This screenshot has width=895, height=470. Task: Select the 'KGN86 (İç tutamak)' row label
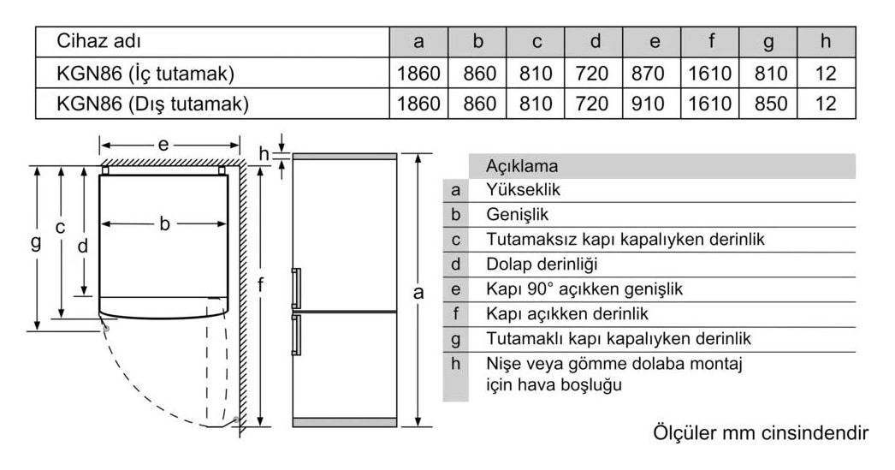click(145, 73)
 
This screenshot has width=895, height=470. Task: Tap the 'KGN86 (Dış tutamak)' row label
click(152, 104)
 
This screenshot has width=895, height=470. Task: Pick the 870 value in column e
click(648, 73)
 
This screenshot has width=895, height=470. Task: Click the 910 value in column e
click(648, 104)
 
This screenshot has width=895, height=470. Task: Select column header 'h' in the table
click(826, 41)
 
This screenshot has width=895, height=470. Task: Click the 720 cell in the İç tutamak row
click(592, 73)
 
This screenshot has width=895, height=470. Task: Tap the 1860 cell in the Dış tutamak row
click(418, 104)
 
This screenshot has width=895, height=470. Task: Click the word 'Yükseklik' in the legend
click(523, 189)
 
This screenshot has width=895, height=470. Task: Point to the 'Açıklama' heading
click(522, 166)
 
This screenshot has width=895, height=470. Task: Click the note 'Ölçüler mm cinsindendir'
click(761, 432)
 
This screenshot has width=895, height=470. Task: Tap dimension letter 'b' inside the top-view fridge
click(164, 223)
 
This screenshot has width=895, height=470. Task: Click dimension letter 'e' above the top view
click(163, 145)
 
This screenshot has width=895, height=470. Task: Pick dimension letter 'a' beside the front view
click(418, 293)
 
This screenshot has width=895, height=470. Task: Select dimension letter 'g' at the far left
click(36, 242)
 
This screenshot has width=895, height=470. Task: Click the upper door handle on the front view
click(296, 289)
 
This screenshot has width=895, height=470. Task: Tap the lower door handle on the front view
click(296, 336)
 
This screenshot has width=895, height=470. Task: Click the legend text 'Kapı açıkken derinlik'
click(567, 313)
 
